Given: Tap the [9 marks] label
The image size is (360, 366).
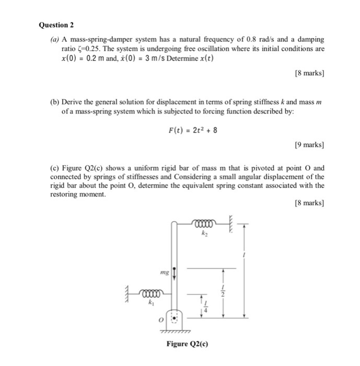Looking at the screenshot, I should (x=309, y=144).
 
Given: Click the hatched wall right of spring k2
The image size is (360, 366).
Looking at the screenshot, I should (x=230, y=223).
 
